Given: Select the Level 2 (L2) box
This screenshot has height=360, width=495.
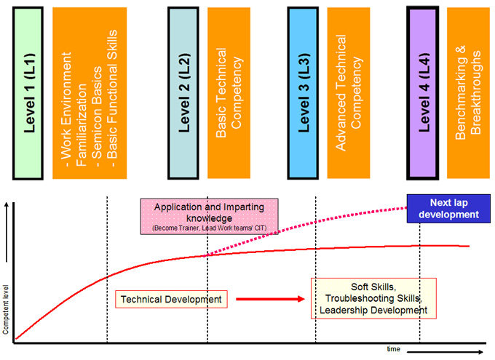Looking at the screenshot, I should point(183,92).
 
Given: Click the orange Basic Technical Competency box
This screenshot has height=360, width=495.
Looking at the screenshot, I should point(227,92).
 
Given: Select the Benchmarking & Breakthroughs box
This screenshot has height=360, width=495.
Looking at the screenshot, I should point(467,92).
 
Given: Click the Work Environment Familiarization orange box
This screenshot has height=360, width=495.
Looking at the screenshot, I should point(90,92).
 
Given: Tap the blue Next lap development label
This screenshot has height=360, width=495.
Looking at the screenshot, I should point(443,208).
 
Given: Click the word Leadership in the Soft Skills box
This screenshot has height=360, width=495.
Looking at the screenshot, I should point(345,311).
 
